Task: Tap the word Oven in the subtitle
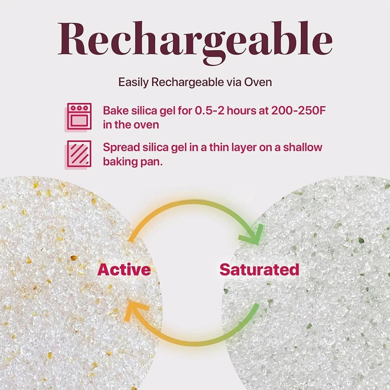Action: pyautogui.click(x=258, y=82)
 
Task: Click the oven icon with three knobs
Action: pyautogui.click(x=79, y=117)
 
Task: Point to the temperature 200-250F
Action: pyautogui.click(x=298, y=110)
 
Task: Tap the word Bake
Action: pyautogui.click(x=115, y=110)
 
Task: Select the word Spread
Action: pyautogui.click(x=121, y=148)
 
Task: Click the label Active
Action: pyautogui.click(x=124, y=269)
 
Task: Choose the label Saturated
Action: pyautogui.click(x=259, y=269)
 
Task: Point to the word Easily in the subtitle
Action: pyautogui.click(x=133, y=82)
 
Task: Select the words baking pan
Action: pyautogui.click(x=133, y=162)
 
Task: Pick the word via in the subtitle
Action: pyautogui.click(x=234, y=82)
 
